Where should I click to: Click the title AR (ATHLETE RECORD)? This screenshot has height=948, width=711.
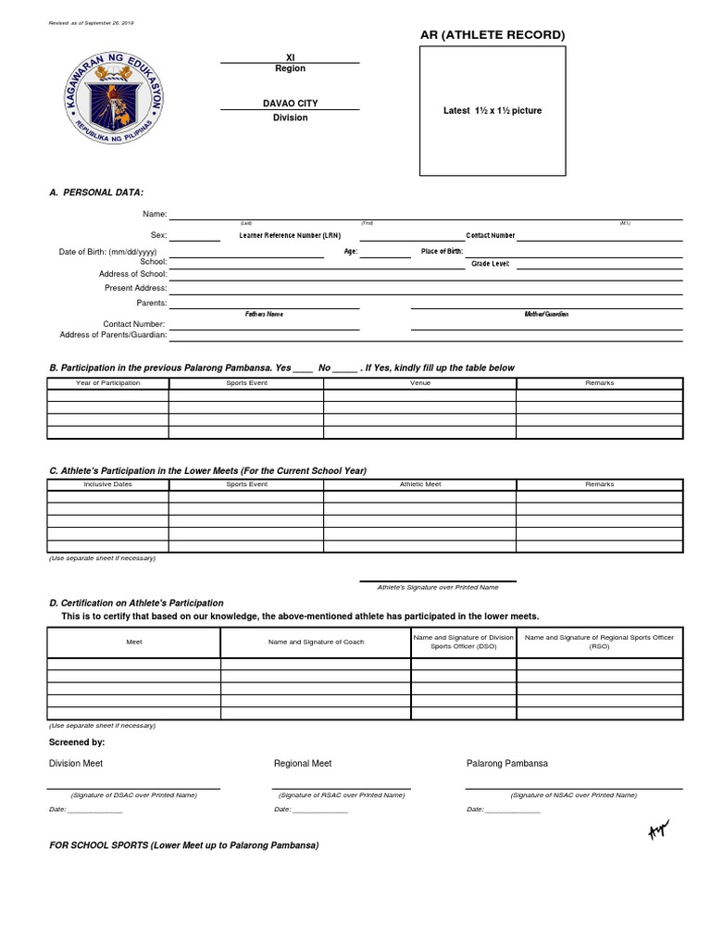pyautogui.click(x=493, y=35)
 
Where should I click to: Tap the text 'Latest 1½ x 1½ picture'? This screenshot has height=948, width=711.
pyautogui.click(x=493, y=111)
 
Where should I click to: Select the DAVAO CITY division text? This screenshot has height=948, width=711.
pyautogui.click(x=290, y=104)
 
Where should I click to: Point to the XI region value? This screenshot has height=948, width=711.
pyautogui.click(x=290, y=57)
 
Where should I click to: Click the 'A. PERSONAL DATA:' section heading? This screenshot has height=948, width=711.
pyautogui.click(x=96, y=192)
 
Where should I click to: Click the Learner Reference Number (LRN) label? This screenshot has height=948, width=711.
pyautogui.click(x=290, y=236)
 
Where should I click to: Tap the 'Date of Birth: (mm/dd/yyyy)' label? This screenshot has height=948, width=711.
pyautogui.click(x=107, y=252)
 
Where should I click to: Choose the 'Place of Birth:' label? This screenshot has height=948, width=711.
pyautogui.click(x=442, y=252)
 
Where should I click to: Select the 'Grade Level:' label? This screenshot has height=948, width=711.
pyautogui.click(x=490, y=264)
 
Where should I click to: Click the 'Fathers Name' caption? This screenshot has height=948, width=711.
pyautogui.click(x=264, y=315)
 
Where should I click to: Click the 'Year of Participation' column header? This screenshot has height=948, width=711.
pyautogui.click(x=108, y=382)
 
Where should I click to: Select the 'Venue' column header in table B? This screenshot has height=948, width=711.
pyautogui.click(x=419, y=382)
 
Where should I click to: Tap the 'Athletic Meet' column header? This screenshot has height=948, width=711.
pyautogui.click(x=419, y=484)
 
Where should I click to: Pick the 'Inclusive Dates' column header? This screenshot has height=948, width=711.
pyautogui.click(x=108, y=484)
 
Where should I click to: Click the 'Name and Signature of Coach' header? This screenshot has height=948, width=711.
pyautogui.click(x=316, y=642)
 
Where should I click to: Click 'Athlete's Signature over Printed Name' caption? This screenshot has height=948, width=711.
pyautogui.click(x=437, y=587)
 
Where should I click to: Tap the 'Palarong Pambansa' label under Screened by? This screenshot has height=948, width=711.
pyautogui.click(x=507, y=764)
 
